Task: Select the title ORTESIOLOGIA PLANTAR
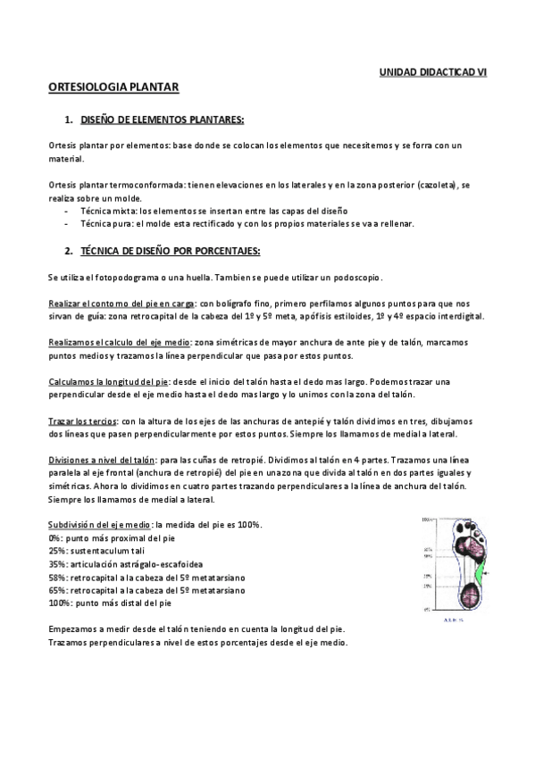pyautogui.click(x=114, y=87)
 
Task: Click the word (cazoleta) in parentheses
pyautogui.click(x=438, y=183)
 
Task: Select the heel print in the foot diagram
pyautogui.click(x=468, y=593)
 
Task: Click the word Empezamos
pyautogui.click(x=72, y=629)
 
